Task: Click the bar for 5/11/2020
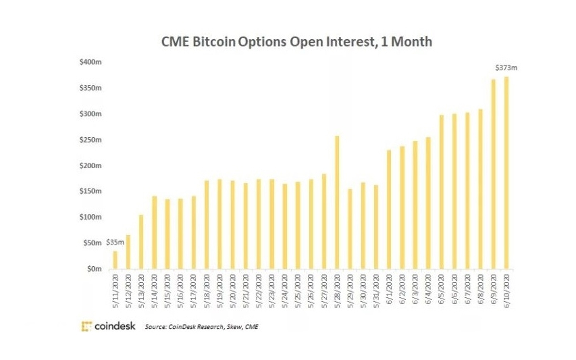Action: tap(115, 260)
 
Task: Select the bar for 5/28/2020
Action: tap(337, 203)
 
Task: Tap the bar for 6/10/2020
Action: tap(506, 173)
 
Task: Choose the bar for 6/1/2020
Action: tap(388, 209)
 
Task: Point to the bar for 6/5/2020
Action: tap(441, 192)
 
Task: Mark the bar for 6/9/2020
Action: tap(493, 174)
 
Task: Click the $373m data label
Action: tap(506, 68)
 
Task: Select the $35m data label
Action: tap(115, 242)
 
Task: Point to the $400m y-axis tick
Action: tap(90, 63)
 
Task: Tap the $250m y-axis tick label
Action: tap(90, 140)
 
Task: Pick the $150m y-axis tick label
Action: tap(90, 191)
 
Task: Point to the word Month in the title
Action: tap(409, 42)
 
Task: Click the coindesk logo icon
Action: tap(86, 326)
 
